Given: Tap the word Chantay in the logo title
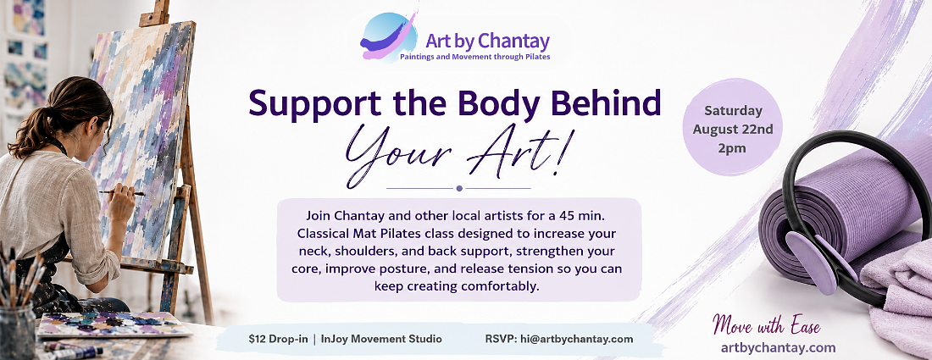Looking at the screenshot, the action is [x=513, y=41].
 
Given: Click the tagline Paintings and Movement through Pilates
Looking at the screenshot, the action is [x=475, y=57].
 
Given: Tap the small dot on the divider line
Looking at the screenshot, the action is [x=459, y=188].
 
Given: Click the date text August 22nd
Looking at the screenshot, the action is [x=732, y=130].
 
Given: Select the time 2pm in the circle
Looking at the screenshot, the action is [x=732, y=148].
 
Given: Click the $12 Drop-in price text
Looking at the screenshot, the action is [x=278, y=339].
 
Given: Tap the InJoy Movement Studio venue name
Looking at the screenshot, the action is [x=381, y=339].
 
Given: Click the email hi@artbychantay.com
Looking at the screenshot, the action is [x=575, y=339].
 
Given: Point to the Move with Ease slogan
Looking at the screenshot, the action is [x=766, y=327].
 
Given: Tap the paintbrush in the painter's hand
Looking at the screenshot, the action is [x=121, y=192].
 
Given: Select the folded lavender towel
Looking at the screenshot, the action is [x=897, y=285].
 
